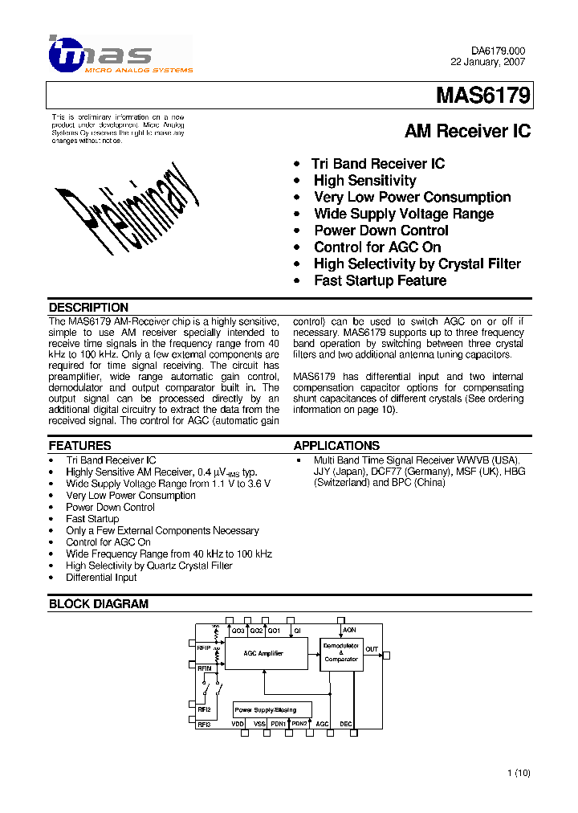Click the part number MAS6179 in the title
click(x=482, y=96)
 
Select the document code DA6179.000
click(x=498, y=51)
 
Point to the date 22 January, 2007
click(x=488, y=62)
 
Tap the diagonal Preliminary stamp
click(x=127, y=202)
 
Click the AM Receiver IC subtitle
click(x=467, y=131)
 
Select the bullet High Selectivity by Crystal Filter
click(x=417, y=264)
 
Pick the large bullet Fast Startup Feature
click(x=380, y=280)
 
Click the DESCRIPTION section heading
click(x=88, y=308)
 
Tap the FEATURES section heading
click(x=79, y=446)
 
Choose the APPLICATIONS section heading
click(x=336, y=446)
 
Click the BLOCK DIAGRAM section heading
click(x=99, y=604)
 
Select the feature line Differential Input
click(x=101, y=578)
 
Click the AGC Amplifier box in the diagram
click(x=265, y=654)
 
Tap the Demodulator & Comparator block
click(x=341, y=652)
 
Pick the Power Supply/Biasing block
click(x=266, y=710)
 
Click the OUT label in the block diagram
click(x=372, y=649)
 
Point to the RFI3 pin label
click(x=204, y=725)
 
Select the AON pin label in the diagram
click(x=349, y=631)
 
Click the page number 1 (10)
click(x=519, y=773)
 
